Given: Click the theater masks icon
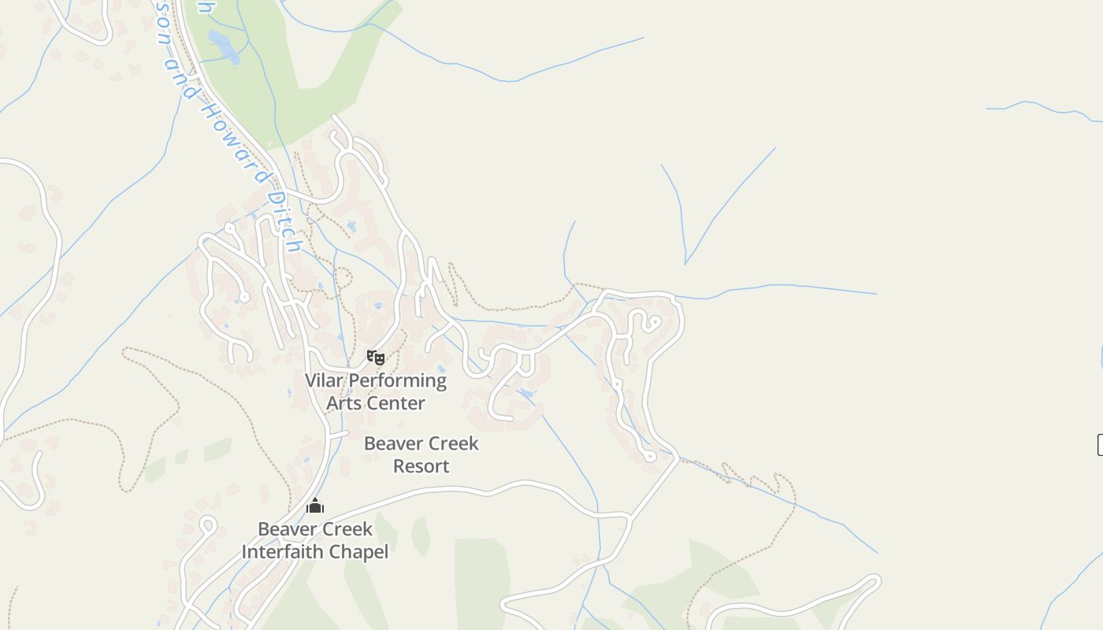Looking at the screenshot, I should (x=376, y=358).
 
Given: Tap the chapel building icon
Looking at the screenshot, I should (x=315, y=506).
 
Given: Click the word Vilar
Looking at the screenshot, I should (x=325, y=381).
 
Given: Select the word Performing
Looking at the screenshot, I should (x=398, y=381).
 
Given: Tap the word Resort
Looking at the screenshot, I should (x=421, y=466).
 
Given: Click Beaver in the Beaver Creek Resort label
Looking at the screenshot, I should (x=392, y=443).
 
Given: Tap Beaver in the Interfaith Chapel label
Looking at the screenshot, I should (x=286, y=529).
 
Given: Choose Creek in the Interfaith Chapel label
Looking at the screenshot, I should (x=346, y=529).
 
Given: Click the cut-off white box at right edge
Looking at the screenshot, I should (x=1100, y=444).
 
